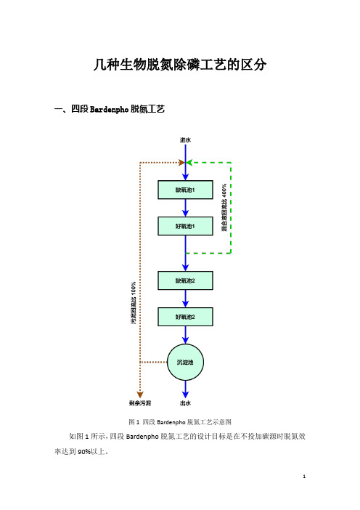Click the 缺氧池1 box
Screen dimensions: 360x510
point(185,190)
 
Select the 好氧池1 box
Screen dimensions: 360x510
point(185,226)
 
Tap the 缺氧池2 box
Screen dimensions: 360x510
point(185,280)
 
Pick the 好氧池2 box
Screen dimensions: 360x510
point(185,317)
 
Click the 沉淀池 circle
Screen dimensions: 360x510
point(185,362)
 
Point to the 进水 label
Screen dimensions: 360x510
point(185,140)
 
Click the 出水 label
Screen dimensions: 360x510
point(185,403)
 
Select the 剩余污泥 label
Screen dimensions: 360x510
point(140,403)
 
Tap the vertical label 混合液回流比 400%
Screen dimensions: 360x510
point(224,208)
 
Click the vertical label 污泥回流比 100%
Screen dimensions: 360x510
point(134,303)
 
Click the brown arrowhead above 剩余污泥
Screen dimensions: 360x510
point(140,394)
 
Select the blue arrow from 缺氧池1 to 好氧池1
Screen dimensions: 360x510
point(185,208)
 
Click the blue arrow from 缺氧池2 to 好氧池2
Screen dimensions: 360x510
point(185,299)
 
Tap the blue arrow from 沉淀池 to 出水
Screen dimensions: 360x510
point(185,389)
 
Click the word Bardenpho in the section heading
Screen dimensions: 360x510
point(109,109)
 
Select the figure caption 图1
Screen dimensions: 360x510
point(134,422)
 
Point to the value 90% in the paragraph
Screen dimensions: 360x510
point(83,452)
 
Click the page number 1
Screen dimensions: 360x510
point(304,477)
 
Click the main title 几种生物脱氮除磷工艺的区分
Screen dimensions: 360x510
point(180,65)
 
